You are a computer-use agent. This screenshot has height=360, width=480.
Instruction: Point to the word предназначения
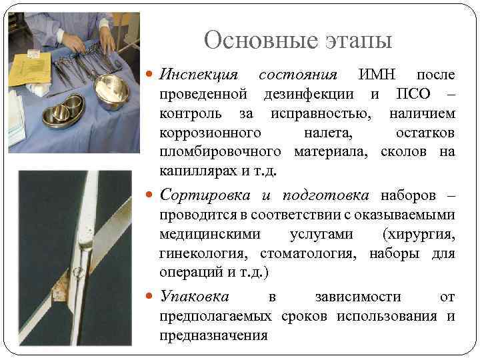(213, 336)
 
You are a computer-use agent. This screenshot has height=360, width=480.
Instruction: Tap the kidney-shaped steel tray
(63, 111)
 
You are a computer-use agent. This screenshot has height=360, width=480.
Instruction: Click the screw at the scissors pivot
(78, 271)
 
